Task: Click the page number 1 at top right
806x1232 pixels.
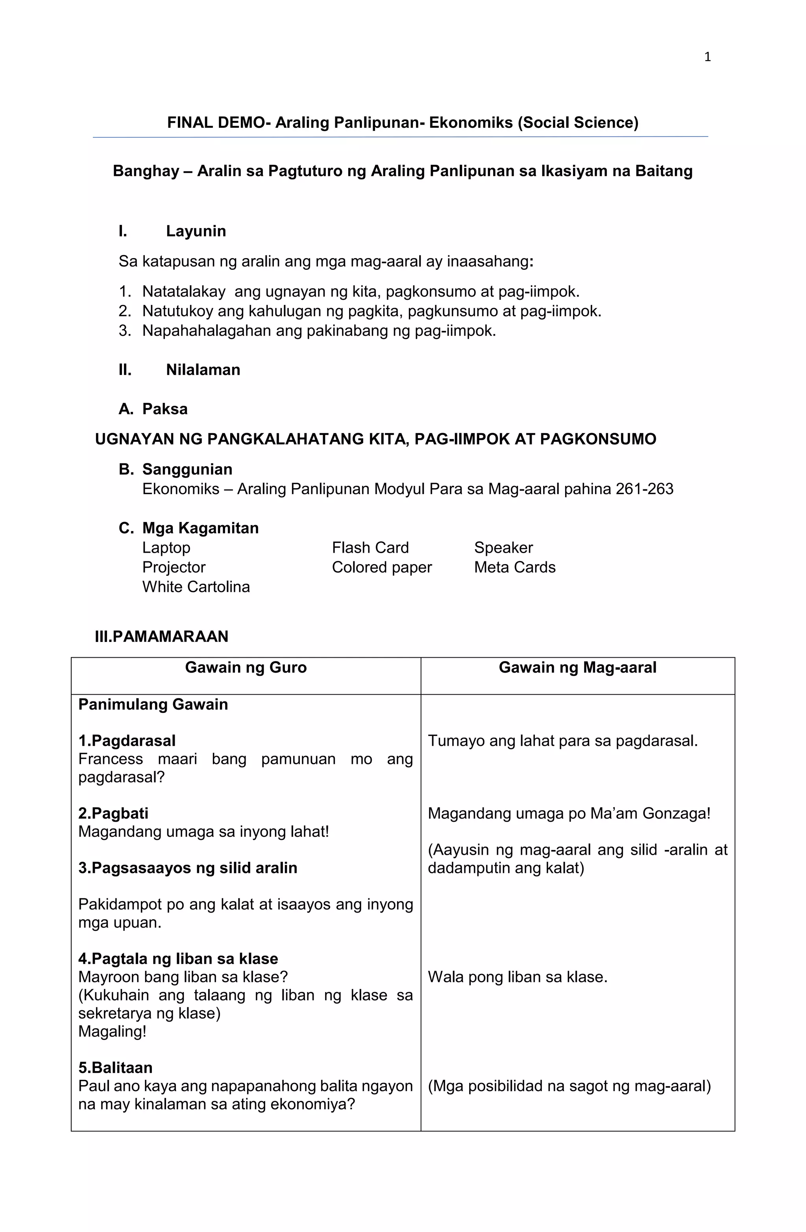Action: pyautogui.click(x=707, y=57)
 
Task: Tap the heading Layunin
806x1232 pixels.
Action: pyautogui.click(x=196, y=231)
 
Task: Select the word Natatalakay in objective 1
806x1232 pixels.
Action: pyautogui.click(x=184, y=291)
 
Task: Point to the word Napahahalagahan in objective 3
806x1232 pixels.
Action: pyautogui.click(x=207, y=331)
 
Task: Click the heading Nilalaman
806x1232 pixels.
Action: pyautogui.click(x=203, y=370)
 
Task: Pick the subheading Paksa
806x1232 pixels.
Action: pyautogui.click(x=165, y=409)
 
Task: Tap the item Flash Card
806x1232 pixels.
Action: pyautogui.click(x=370, y=547)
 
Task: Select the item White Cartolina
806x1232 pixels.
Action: pyautogui.click(x=196, y=586)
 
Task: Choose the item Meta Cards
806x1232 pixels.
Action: pyautogui.click(x=514, y=567)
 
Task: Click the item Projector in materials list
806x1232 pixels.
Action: pyautogui.click(x=174, y=567)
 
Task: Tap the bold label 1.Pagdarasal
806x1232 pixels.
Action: pyautogui.click(x=127, y=741)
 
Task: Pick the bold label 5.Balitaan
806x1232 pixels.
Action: pyautogui.click(x=115, y=1068)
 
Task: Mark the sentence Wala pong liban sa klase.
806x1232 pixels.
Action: pyautogui.click(x=517, y=977)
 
